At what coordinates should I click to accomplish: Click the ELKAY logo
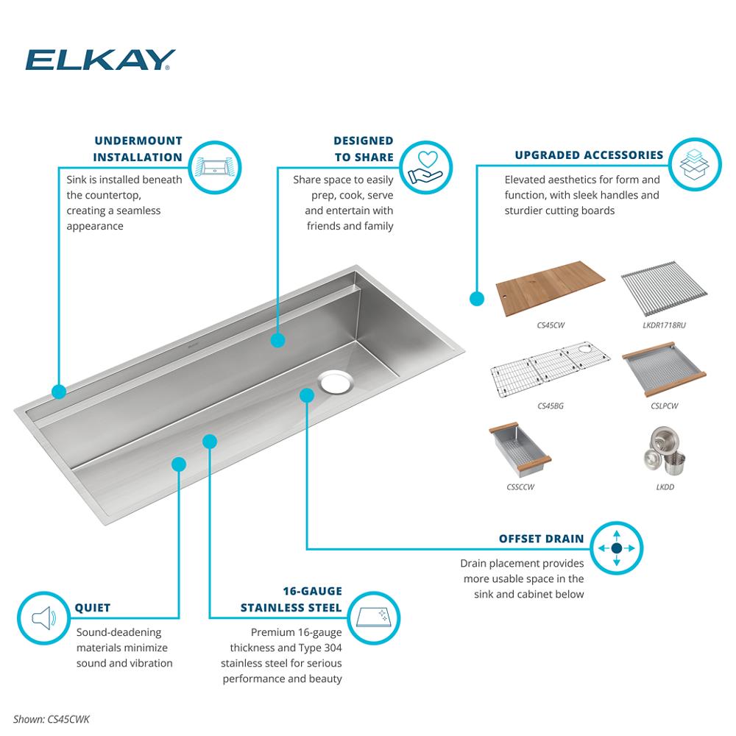100,60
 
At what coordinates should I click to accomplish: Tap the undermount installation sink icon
215,166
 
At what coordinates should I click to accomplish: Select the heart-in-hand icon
426,167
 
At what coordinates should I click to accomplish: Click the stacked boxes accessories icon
695,164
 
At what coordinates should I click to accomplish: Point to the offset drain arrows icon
617,548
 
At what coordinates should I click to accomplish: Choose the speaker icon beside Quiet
43,618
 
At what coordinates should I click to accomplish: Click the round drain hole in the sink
335,381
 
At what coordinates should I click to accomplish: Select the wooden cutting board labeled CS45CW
550,289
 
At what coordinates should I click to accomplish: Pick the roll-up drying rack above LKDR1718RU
664,289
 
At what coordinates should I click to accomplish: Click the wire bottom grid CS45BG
550,369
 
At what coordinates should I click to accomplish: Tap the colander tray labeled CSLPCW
664,369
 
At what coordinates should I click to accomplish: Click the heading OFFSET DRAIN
541,539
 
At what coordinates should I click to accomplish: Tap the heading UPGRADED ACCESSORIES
589,155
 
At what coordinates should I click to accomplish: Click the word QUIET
93,608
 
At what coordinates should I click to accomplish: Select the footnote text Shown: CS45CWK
52,719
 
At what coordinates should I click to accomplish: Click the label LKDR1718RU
664,325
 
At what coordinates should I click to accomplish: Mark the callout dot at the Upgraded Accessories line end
477,299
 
